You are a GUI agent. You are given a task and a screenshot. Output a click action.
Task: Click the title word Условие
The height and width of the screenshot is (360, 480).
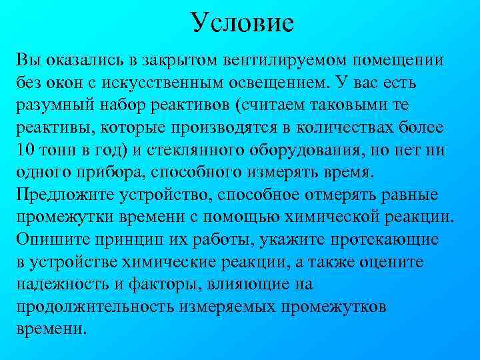pos(241,23)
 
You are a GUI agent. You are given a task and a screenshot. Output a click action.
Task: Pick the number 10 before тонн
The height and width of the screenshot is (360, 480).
pos(25,151)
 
